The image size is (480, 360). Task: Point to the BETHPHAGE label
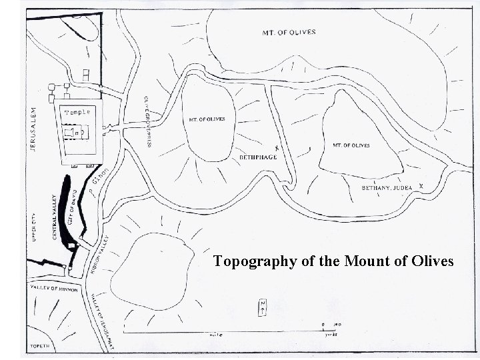point(257,157)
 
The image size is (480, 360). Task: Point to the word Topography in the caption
point(254,261)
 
